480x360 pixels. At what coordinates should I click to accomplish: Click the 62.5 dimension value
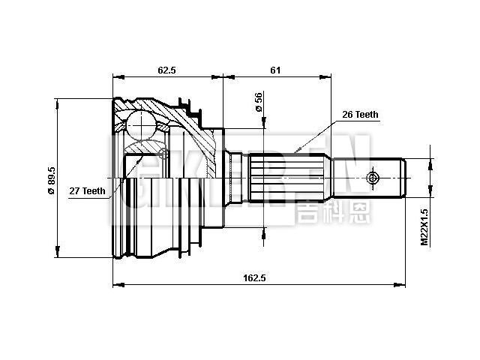[166, 70]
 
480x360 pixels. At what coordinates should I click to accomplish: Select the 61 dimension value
[275, 70]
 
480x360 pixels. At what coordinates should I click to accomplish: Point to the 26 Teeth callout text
[360, 115]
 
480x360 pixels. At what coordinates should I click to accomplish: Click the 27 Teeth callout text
[88, 191]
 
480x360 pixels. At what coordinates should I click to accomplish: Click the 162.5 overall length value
[256, 277]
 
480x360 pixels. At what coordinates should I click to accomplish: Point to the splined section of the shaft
[288, 180]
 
